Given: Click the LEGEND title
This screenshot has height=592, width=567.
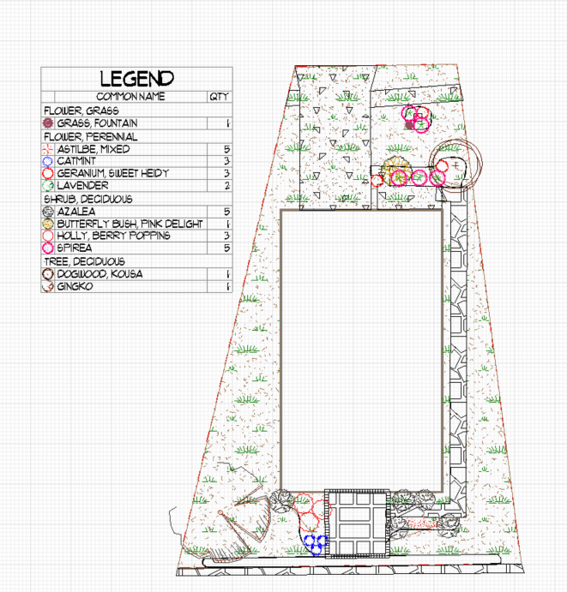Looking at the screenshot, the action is coord(137,79).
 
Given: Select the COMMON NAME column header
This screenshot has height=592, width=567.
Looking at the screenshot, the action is coord(130,97).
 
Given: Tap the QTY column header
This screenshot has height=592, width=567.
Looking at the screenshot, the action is coord(220,97).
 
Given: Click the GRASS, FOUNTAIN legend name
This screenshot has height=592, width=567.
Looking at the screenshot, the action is coord(97,123).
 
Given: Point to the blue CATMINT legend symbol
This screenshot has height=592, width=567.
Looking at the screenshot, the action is coord(48,161).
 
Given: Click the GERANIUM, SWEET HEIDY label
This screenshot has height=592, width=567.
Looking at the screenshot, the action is coord(112,173).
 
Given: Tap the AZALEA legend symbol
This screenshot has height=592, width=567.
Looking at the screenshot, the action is coord(48,212).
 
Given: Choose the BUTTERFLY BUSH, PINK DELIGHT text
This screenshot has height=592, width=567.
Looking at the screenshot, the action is coord(130,224).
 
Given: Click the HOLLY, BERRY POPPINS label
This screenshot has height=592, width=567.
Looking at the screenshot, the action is coord(113,236).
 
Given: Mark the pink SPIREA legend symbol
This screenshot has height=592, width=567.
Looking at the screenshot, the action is coord(48,248).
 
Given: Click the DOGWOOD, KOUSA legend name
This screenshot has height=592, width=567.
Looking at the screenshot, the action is coord(100,273).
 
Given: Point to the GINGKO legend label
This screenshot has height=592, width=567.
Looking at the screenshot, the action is coord(75,286).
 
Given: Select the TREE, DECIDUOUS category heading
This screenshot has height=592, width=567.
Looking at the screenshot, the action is coord(84,261).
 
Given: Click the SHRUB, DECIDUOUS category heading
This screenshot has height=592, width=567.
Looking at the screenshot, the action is coord(88,199).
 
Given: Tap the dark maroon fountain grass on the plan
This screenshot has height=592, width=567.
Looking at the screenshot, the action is coord(410,124).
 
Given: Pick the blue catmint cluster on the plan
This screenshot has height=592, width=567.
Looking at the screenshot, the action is coord(316,544).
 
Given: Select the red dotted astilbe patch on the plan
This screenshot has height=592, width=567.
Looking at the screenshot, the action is coord(420,523).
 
